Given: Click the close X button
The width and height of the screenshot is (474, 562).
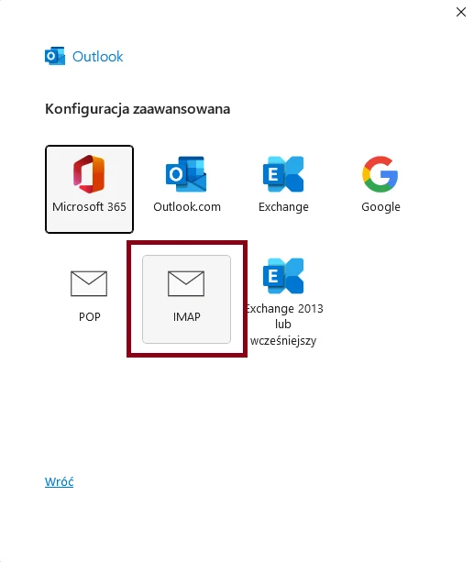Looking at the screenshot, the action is click(461, 12).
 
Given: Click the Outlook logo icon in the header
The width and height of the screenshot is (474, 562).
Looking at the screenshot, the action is click(55, 56).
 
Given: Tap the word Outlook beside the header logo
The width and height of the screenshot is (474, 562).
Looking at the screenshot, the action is click(97, 57).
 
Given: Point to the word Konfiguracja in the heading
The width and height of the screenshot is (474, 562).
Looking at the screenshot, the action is click(87, 109).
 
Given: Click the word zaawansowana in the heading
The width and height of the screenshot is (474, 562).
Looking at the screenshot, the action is click(182, 109).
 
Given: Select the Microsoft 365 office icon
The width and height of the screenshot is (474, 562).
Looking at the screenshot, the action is click(89, 174).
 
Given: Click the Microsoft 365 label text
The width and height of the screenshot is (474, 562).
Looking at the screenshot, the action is click(89, 207).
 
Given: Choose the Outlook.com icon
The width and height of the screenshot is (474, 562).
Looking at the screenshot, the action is click(186, 174).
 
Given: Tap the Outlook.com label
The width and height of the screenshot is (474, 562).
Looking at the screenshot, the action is click(187, 207).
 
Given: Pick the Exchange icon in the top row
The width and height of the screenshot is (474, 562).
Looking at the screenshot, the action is click(283, 174).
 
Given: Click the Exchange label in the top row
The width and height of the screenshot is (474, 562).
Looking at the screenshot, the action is click(283, 207).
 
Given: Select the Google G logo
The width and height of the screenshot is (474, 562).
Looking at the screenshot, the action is click(380, 174).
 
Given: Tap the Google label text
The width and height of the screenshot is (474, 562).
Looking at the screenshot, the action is click(380, 207).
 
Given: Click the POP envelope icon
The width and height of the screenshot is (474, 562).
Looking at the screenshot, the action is click(89, 283).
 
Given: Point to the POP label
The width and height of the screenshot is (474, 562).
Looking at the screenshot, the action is click(89, 317).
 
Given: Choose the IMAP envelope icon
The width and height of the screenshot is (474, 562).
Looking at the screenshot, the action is click(186, 283).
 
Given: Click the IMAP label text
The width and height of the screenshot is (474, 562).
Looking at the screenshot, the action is click(186, 317).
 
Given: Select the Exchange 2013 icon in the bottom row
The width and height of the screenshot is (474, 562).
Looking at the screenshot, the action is click(283, 276).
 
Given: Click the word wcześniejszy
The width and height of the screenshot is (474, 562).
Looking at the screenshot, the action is click(283, 340).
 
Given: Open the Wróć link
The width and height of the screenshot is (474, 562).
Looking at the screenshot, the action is click(60, 481).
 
